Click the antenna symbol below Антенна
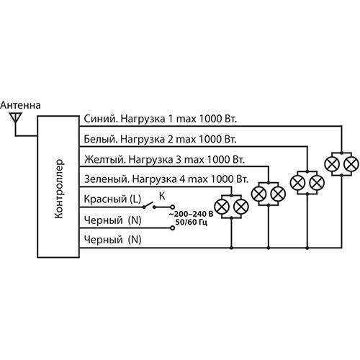[x=16, y=118]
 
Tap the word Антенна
[x=20, y=105]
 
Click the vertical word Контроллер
[x=59, y=189]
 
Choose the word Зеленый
[x=107, y=179]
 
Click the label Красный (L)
[x=112, y=199]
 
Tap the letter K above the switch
[x=162, y=197]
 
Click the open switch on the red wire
[x=149, y=205]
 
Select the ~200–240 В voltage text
[x=191, y=214]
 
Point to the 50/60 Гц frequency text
[x=191, y=222]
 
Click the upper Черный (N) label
[x=112, y=220]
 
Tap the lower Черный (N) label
[x=112, y=240]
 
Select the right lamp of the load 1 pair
[x=351, y=164]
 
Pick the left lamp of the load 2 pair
[x=297, y=183]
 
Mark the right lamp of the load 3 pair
[x=278, y=194]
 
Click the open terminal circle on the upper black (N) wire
[x=172, y=228]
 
